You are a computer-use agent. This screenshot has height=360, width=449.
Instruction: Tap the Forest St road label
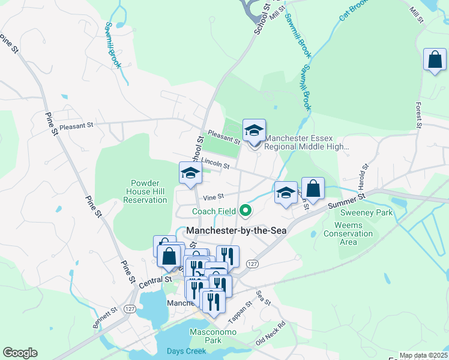point(419,113)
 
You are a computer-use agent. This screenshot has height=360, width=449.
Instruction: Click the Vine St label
point(213,196)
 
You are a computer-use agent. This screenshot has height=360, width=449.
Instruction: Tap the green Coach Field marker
point(245,210)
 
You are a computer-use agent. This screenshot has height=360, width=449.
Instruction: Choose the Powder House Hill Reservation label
point(145,191)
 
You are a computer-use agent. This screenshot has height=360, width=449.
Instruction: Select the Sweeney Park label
point(366,212)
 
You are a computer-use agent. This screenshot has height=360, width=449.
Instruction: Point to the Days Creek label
point(186,351)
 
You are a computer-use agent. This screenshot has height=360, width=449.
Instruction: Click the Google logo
point(20,353)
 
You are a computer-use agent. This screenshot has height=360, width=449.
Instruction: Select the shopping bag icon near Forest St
point(435,61)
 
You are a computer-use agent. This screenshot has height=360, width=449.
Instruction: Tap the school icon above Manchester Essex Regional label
point(254,131)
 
